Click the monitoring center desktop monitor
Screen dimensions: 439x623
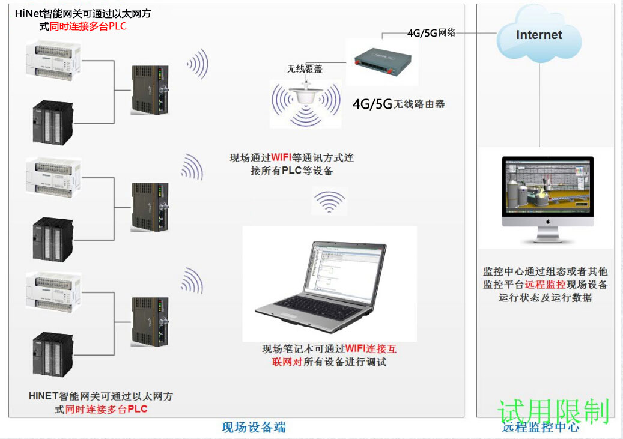(548, 192)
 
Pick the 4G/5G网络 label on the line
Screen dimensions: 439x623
(431, 33)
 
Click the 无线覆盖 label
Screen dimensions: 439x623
(305, 69)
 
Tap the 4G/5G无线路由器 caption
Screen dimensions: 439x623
(399, 103)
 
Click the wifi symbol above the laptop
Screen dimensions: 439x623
(329, 202)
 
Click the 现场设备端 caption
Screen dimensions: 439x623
(254, 427)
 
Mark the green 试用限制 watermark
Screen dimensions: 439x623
(554, 411)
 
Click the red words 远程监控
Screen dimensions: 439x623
(545, 285)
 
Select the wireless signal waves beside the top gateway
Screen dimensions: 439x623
(198, 64)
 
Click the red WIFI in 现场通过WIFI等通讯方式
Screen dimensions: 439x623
(281, 158)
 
